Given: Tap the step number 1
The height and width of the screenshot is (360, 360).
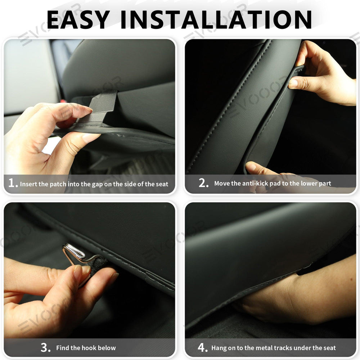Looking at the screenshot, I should (x=13, y=183).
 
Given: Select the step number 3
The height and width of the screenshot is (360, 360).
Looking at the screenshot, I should (x=45, y=348).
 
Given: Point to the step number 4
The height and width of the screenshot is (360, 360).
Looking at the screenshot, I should (x=202, y=348).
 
